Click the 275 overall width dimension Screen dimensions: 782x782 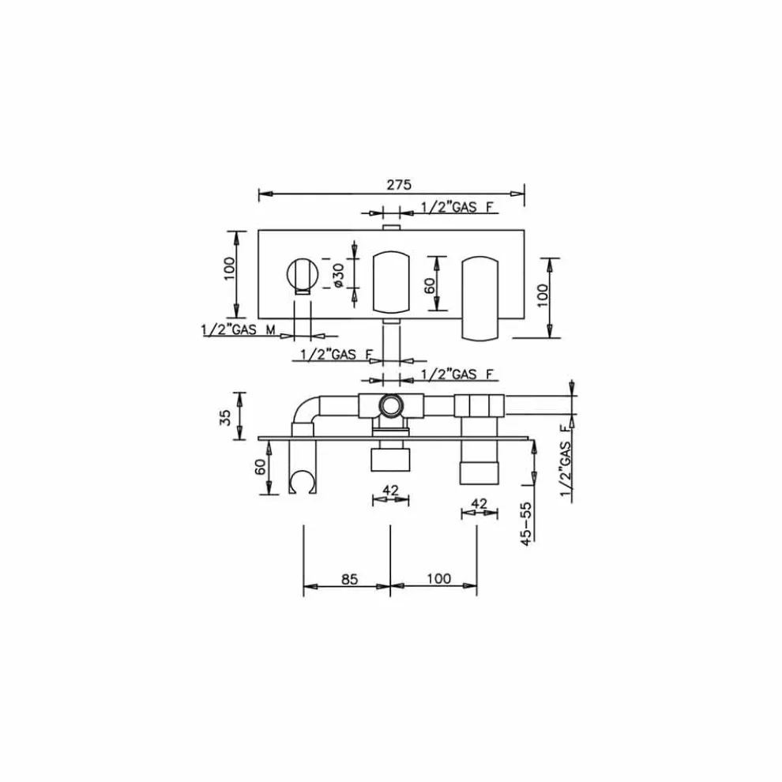click(x=399, y=185)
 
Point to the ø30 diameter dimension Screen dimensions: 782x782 click(x=337, y=275)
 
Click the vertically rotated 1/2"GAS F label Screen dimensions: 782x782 click(x=564, y=461)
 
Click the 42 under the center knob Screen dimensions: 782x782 click(x=390, y=490)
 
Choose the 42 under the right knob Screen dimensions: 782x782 click(x=479, y=503)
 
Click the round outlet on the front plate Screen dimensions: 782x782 click(x=302, y=274)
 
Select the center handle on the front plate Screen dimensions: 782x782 click(x=390, y=280)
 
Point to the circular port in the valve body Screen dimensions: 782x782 click(x=390, y=407)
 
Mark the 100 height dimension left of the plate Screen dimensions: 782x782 click(x=229, y=273)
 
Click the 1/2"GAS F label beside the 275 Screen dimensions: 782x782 click(x=458, y=207)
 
